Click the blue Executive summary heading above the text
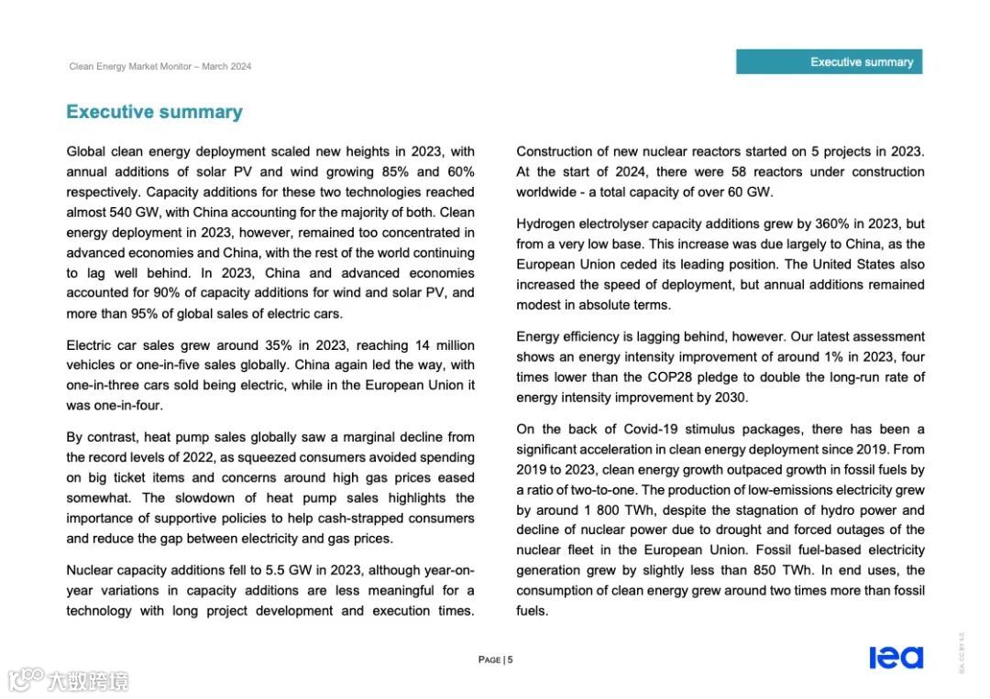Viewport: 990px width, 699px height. tap(154, 112)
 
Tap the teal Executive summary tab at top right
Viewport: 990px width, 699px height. tap(829, 61)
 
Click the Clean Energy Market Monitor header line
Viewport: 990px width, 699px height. tap(159, 66)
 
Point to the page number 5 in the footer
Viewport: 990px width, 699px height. tap(510, 660)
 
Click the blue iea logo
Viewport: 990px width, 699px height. tap(896, 657)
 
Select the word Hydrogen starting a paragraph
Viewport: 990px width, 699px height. tap(546, 224)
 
